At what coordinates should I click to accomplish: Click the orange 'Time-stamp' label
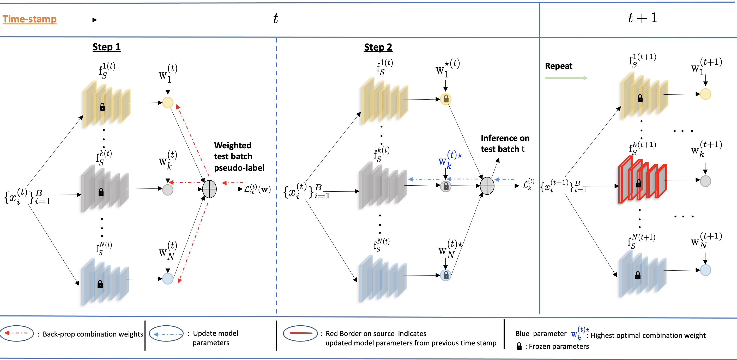pyautogui.click(x=29, y=19)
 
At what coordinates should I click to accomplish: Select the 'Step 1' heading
pyautogui.click(x=106, y=47)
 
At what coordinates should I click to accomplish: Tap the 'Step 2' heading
pyautogui.click(x=378, y=47)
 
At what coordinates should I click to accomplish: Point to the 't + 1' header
pyautogui.click(x=642, y=18)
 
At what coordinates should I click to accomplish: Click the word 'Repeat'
pyautogui.click(x=558, y=66)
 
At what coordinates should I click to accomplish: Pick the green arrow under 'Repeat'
pyautogui.click(x=566, y=78)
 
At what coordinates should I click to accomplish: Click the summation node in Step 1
pyautogui.click(x=209, y=189)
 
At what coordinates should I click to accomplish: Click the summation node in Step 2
pyautogui.click(x=487, y=186)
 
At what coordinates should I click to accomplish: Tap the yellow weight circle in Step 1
pyautogui.click(x=168, y=103)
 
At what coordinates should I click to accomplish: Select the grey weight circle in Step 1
pyautogui.click(x=168, y=190)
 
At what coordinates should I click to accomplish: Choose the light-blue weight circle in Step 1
pyautogui.click(x=168, y=278)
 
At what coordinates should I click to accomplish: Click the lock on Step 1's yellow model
pyautogui.click(x=102, y=107)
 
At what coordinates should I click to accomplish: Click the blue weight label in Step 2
pyautogui.click(x=449, y=160)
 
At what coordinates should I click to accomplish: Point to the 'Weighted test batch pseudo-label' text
pyautogui.click(x=239, y=156)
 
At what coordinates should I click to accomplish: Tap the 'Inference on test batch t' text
pyautogui.click(x=505, y=144)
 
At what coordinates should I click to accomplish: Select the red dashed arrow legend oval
pyautogui.click(x=17, y=333)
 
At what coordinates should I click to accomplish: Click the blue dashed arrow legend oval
pyautogui.click(x=166, y=333)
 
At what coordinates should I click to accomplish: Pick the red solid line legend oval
pyautogui.click(x=300, y=333)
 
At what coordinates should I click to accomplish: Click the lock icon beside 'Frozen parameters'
pyautogui.click(x=519, y=346)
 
